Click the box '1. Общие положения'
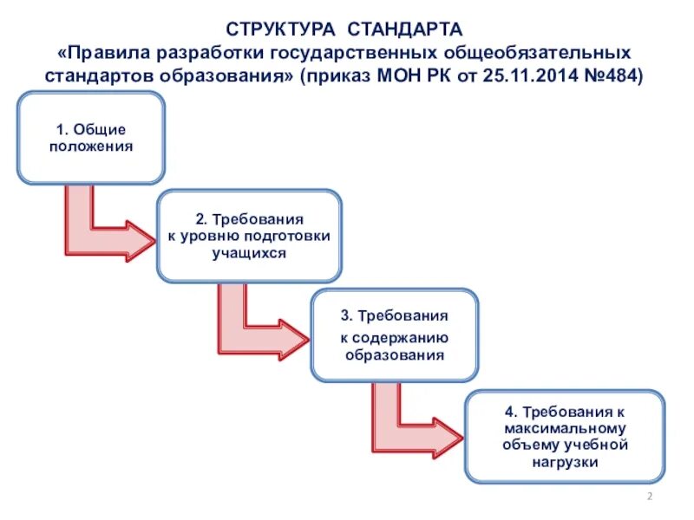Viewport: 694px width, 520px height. pyautogui.click(x=91, y=138)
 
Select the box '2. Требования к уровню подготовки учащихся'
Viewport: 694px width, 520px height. pyautogui.click(x=249, y=236)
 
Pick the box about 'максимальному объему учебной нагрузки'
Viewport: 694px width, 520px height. pyautogui.click(x=564, y=437)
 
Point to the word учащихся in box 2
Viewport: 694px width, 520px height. pyautogui.click(x=249, y=252)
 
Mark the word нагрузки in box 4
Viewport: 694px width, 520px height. pyautogui.click(x=564, y=463)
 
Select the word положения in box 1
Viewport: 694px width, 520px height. pyautogui.click(x=91, y=146)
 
